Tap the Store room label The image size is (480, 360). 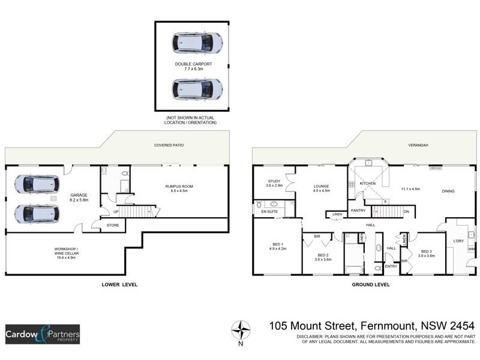(x=112, y=226)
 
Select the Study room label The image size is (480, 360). (x=274, y=183)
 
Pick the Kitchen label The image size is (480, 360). (x=367, y=184)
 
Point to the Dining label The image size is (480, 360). (x=448, y=191)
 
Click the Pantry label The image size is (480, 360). (x=359, y=211)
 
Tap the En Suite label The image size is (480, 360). (x=268, y=212)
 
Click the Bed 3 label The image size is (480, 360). (x=426, y=253)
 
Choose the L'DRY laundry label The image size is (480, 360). (x=458, y=241)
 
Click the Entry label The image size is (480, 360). (x=391, y=266)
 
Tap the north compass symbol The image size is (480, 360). (x=241, y=331)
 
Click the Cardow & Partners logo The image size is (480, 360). (x=42, y=334)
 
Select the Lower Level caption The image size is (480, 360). (x=119, y=284)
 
